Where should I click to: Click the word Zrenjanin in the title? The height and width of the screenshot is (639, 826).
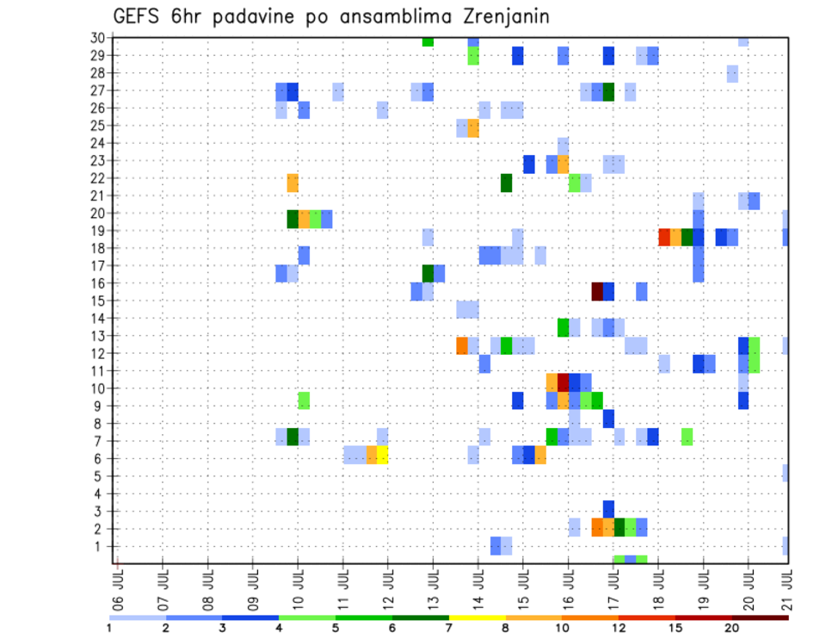498,17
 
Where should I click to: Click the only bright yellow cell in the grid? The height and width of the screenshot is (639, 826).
382,455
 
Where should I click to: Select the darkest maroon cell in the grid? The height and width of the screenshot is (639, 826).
597,291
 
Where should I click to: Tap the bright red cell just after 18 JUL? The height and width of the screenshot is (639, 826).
664,237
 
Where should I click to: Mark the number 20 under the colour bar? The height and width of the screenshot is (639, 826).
732,628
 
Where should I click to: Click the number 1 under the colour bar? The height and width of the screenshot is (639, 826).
109,628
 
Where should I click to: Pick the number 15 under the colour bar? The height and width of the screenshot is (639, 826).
675,628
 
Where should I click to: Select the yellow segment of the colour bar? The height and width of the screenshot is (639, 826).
477,617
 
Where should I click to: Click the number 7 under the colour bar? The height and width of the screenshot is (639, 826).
449,628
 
